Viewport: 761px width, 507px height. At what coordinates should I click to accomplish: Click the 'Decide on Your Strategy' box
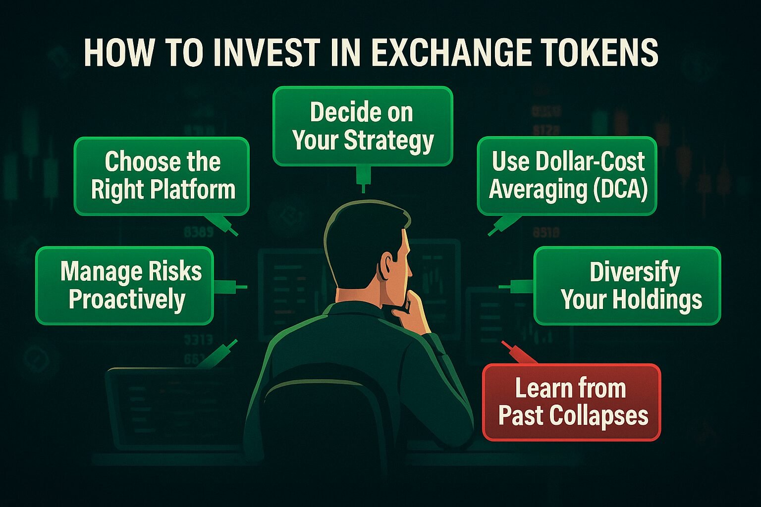[x=363, y=126]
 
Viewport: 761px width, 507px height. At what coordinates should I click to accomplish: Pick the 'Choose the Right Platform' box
[x=162, y=176]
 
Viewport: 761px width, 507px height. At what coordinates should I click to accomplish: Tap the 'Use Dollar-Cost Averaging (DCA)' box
[x=567, y=176]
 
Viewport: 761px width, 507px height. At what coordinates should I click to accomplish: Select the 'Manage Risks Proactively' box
[x=125, y=286]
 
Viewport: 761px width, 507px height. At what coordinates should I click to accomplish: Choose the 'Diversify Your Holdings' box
[x=627, y=286]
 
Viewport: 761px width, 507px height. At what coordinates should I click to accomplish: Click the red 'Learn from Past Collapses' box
[x=572, y=402]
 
